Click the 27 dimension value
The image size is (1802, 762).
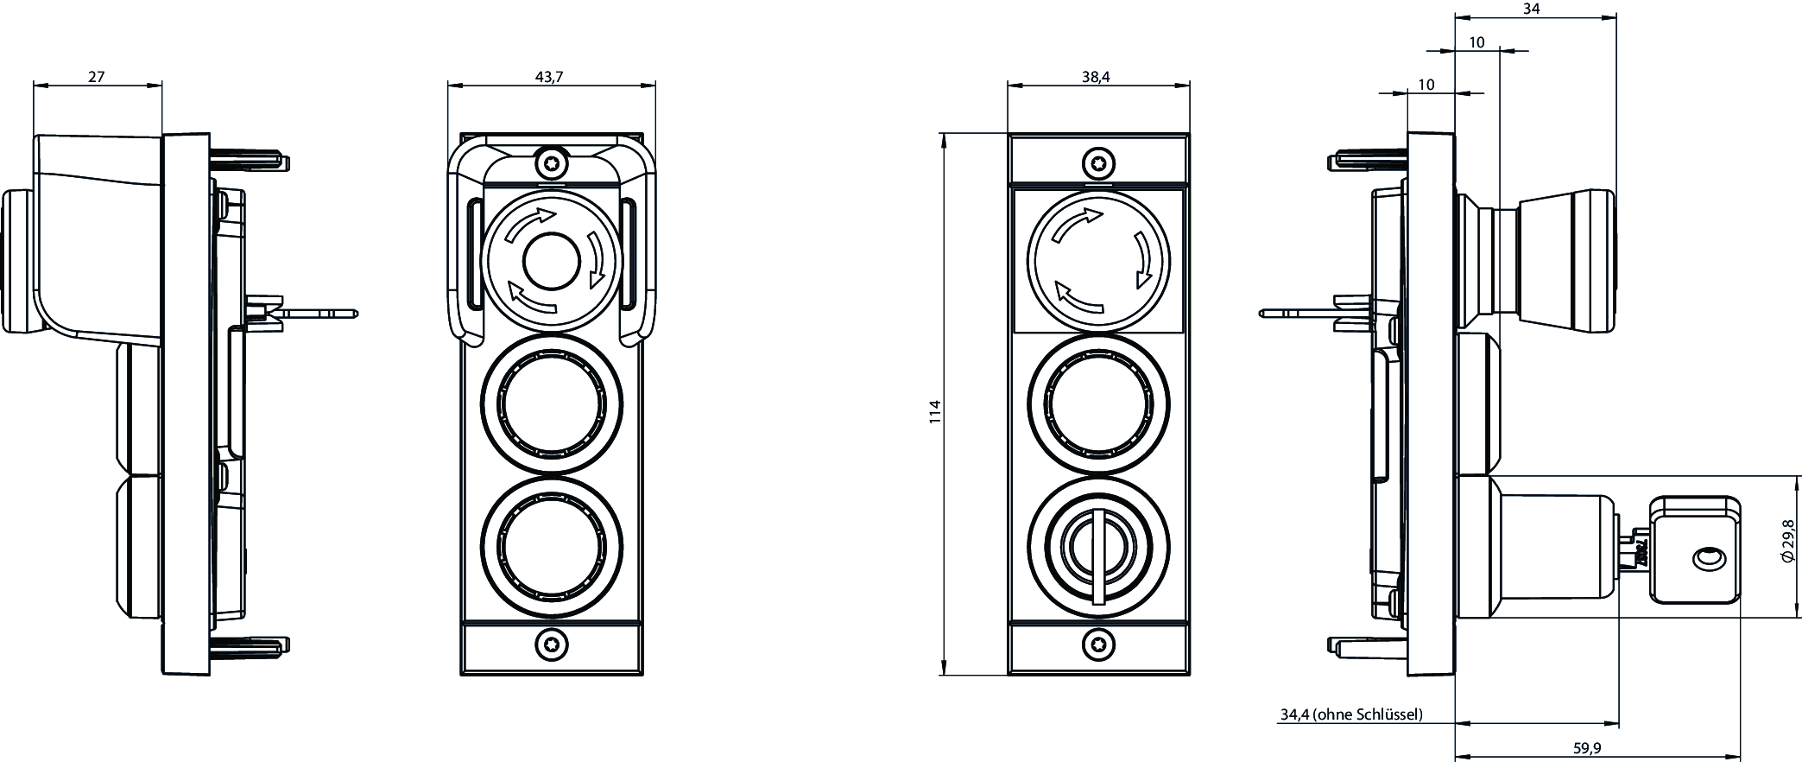[96, 77]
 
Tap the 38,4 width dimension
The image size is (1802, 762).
[1096, 77]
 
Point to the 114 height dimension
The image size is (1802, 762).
[934, 412]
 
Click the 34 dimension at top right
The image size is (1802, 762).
[1531, 10]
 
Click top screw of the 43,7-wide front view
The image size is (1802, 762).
[551, 162]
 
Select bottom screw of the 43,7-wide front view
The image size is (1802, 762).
[551, 644]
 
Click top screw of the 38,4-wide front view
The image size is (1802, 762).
[1098, 162]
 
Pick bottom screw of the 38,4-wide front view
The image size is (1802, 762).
[1098, 644]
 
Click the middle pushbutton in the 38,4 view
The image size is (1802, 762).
[1098, 403]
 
